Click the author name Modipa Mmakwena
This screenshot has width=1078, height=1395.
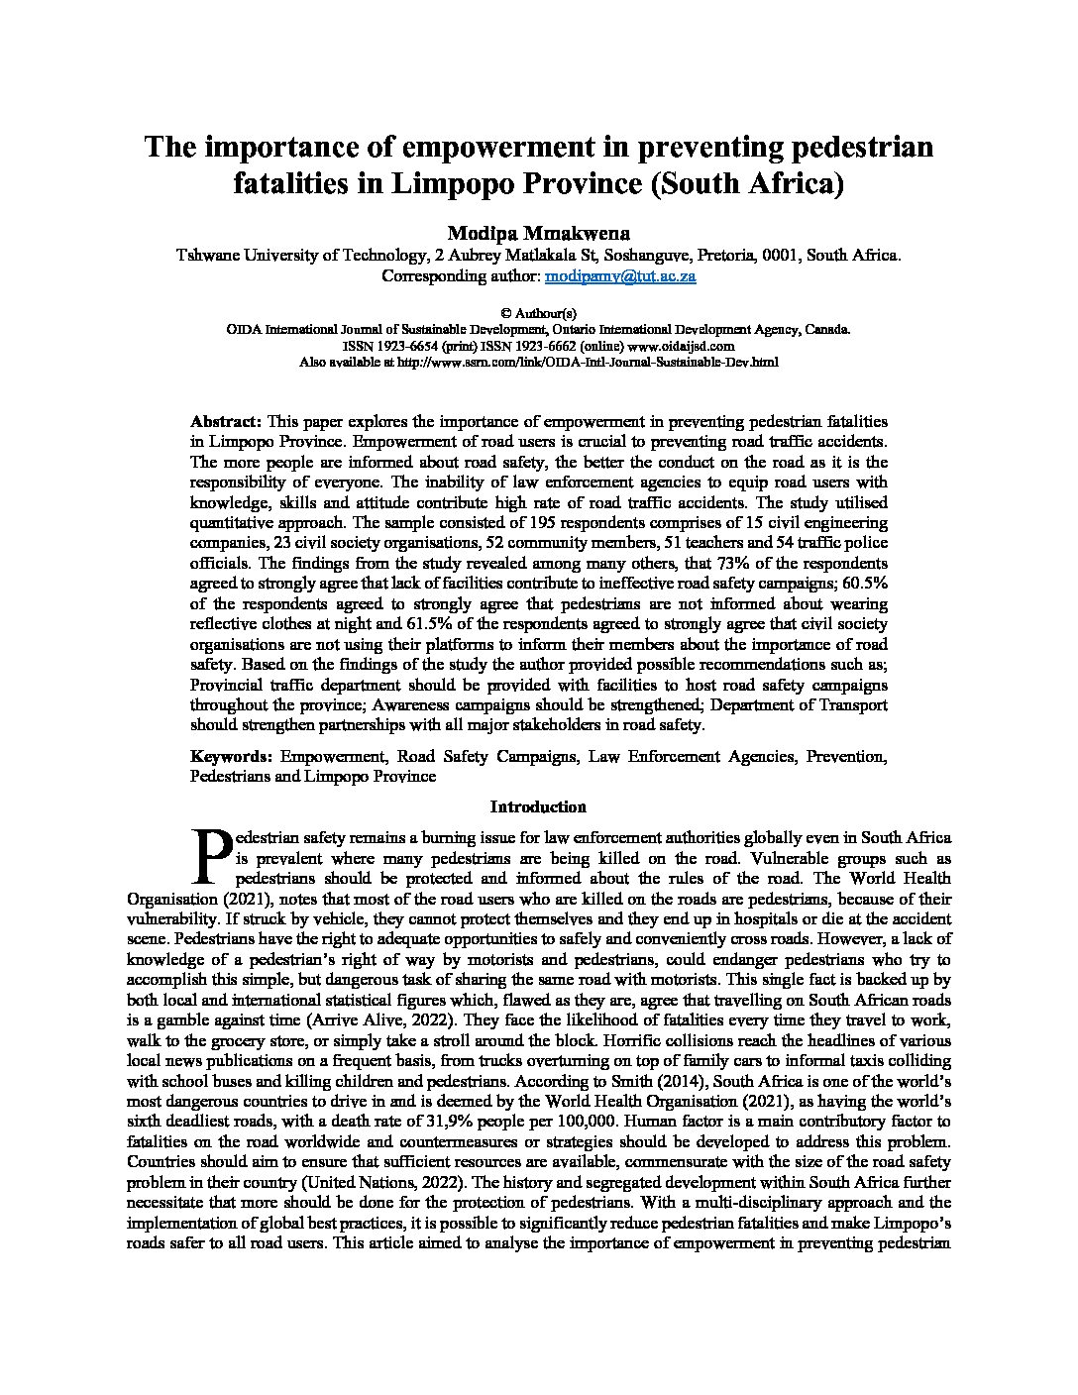538,233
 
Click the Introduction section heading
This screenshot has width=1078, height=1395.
538,806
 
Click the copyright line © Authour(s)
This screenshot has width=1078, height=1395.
538,312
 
